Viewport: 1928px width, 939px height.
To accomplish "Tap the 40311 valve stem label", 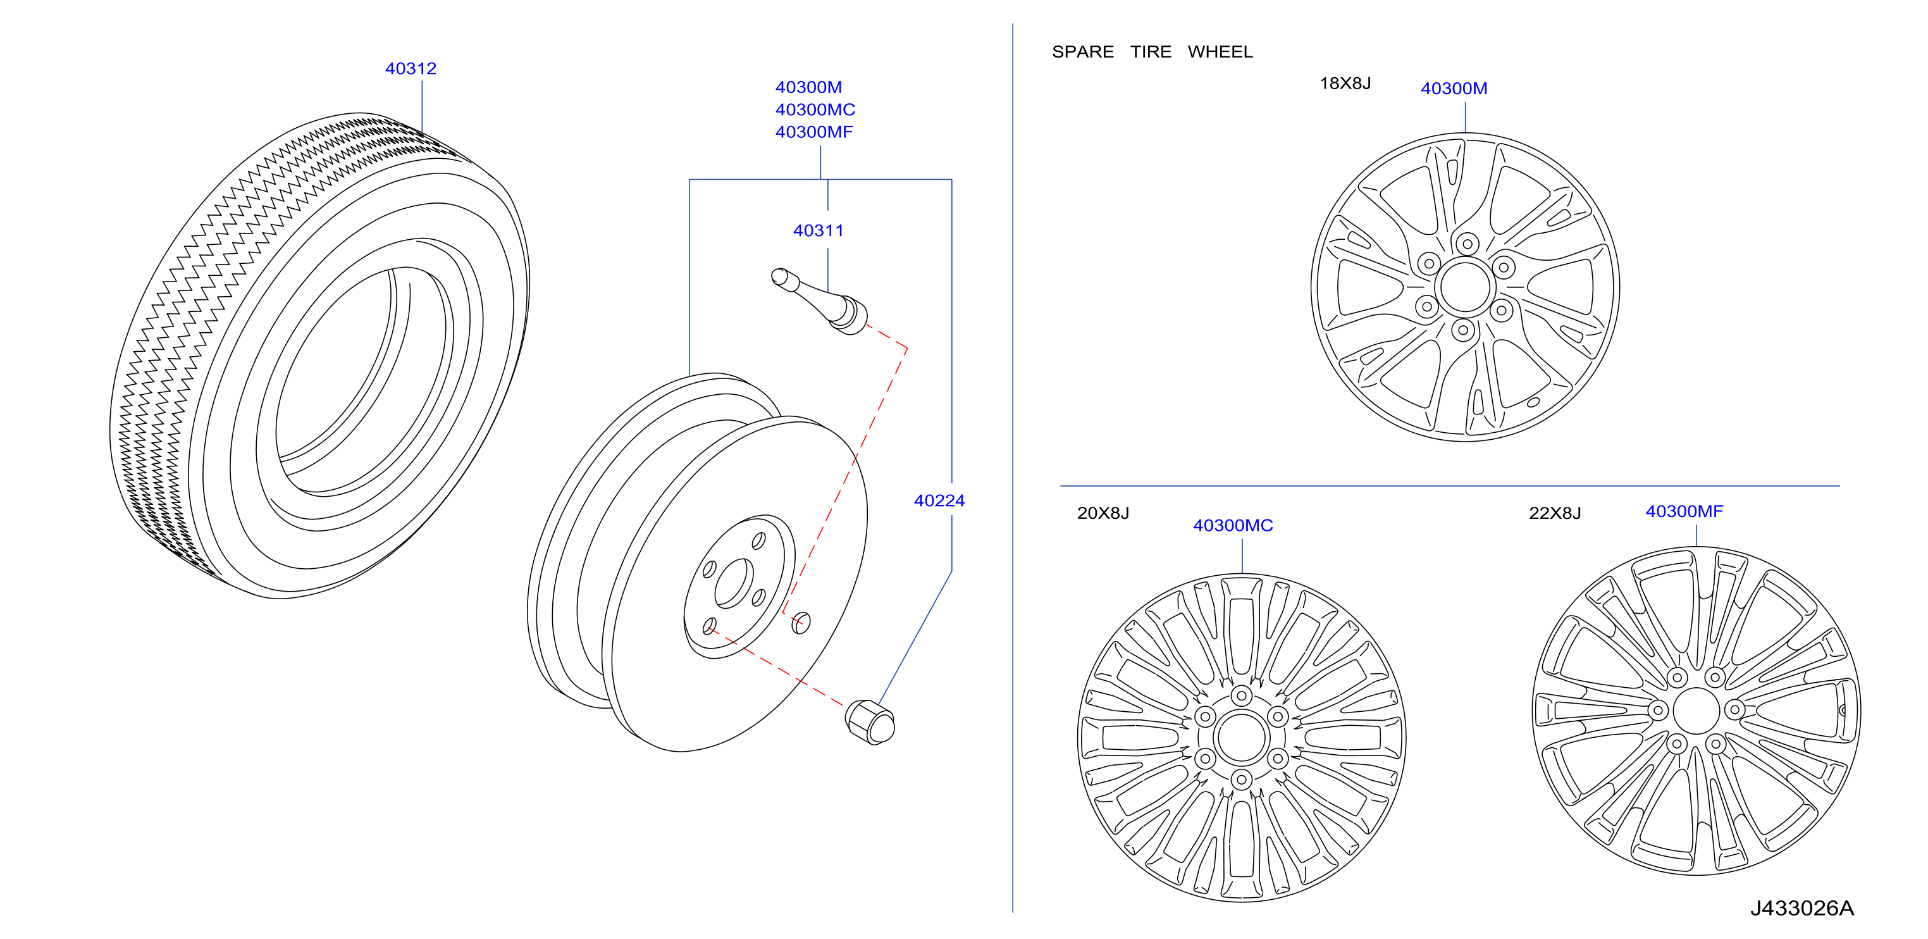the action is click(x=818, y=230).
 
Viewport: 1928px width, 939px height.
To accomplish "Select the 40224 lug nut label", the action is click(x=939, y=501).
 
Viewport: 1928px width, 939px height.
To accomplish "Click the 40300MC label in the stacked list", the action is click(x=815, y=109).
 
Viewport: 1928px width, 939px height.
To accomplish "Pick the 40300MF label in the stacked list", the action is click(x=813, y=132).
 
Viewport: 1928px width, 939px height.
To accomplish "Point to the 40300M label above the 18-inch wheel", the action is click(x=1454, y=89).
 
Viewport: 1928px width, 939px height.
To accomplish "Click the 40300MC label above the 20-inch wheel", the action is click(x=1233, y=526).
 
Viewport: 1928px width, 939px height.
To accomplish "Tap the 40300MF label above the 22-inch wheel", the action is click(x=1684, y=511).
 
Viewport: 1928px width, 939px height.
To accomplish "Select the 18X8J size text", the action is click(x=1345, y=83).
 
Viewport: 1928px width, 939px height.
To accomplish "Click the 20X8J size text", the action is click(x=1103, y=513).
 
